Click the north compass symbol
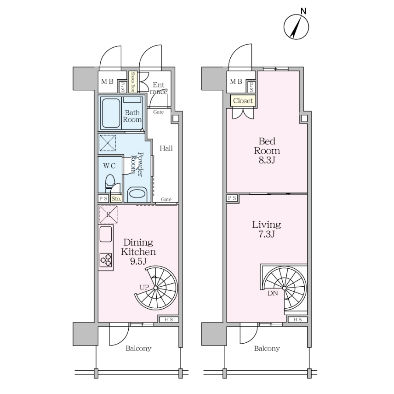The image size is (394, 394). point(296,27)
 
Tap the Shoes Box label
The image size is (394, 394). point(133,82)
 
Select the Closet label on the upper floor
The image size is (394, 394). point(243,101)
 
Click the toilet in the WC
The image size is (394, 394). point(109,183)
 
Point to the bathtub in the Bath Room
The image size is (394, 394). point(111,113)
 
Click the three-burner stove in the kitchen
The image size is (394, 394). point(106,260)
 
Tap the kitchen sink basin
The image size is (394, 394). point(106,234)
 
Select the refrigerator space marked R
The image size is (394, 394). point(108,215)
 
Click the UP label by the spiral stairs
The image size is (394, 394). point(144,287)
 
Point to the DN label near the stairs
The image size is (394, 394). point(273,293)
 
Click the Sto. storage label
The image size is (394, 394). point(116,198)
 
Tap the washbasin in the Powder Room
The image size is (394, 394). point(137,194)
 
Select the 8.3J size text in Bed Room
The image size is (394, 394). point(267,160)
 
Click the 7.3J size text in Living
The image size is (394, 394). point(266,234)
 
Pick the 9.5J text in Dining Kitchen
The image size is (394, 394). point(138,261)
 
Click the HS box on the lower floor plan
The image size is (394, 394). point(169,320)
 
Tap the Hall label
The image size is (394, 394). point(166,148)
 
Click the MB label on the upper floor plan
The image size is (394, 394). point(236,81)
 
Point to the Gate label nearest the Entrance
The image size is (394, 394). point(158,112)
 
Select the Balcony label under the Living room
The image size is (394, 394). point(267,348)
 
